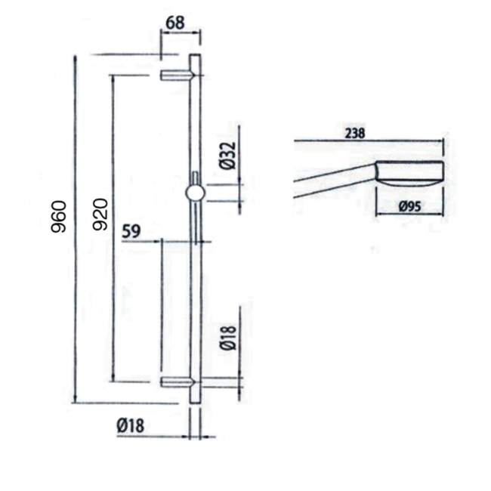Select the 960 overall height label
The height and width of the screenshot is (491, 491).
61,216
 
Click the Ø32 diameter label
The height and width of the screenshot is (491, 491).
229,156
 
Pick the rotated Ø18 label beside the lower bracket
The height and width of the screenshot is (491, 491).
230,336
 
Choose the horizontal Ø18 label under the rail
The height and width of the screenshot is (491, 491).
130,427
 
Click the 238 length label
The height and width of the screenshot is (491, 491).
355,133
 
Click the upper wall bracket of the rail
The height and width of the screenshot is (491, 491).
177,75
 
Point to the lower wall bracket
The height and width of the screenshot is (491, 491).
177,382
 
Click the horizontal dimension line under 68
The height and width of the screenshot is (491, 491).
181,31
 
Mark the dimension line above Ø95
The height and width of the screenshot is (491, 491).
409,215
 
